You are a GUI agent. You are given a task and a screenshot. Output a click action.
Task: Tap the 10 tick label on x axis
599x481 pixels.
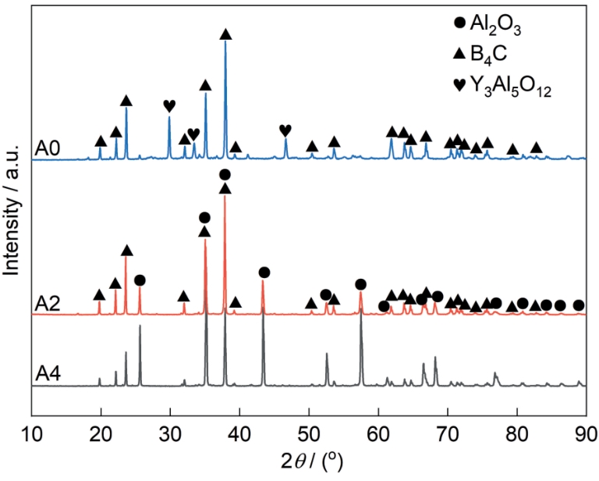[x=31, y=435]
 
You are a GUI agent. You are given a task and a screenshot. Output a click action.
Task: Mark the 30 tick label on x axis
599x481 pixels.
[x=170, y=435]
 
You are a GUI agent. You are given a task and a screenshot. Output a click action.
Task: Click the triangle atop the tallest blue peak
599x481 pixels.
[x=225, y=34]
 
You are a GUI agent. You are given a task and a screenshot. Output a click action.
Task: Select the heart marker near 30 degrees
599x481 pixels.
[x=169, y=105]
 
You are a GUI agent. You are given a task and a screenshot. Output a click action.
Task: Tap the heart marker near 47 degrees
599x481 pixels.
[x=285, y=130]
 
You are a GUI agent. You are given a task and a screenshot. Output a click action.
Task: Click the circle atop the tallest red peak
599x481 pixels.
[x=225, y=174]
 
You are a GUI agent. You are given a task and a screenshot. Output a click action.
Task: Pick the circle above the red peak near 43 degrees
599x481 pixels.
[x=264, y=272]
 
